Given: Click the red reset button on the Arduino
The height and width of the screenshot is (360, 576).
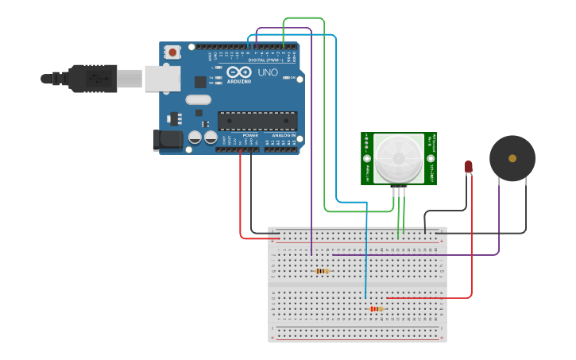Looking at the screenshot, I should click(172, 52).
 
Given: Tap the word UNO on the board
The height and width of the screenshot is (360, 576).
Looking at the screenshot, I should click(268, 73).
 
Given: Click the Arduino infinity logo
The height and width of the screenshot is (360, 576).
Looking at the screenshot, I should click(239, 72).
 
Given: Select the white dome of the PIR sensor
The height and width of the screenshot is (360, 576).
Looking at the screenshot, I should click(399, 157).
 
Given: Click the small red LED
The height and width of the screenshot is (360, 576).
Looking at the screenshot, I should click(468, 167).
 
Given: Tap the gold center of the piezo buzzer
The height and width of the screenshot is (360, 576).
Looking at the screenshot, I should click(512, 158).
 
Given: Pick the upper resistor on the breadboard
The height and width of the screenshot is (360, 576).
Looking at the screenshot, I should click(322, 271).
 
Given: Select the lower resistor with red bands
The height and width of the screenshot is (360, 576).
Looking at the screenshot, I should click(376, 308).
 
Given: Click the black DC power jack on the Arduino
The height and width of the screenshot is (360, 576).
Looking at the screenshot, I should click(168, 140).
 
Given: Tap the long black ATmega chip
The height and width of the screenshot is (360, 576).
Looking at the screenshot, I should click(257, 120).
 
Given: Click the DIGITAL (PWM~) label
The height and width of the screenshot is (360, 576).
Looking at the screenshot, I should click(264, 60).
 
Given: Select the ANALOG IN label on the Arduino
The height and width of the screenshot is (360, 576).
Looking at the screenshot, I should click(284, 135).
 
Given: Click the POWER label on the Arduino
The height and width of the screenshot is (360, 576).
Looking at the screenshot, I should click(250, 135).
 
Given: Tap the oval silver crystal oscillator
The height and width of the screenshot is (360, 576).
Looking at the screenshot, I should click(198, 100).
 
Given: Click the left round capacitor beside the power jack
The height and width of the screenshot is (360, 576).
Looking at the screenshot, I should click(195, 137).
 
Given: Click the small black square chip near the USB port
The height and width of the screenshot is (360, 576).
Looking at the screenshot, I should click(200, 81).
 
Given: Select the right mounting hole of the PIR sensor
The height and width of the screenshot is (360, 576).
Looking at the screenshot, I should click(431, 157).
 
